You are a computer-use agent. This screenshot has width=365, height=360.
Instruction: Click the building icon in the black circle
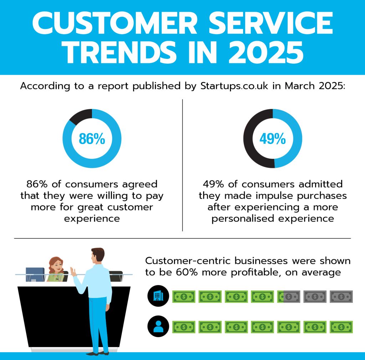click(x=157, y=296)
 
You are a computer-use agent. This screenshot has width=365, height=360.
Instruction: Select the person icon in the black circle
click(x=157, y=326)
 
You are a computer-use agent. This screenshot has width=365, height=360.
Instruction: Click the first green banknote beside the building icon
click(x=184, y=296)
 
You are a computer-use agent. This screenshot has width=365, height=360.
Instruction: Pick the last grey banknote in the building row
click(x=341, y=296)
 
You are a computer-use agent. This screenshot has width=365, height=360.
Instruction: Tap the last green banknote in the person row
click(x=341, y=326)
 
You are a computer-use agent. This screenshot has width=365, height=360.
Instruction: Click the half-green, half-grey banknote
click(x=289, y=296)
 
